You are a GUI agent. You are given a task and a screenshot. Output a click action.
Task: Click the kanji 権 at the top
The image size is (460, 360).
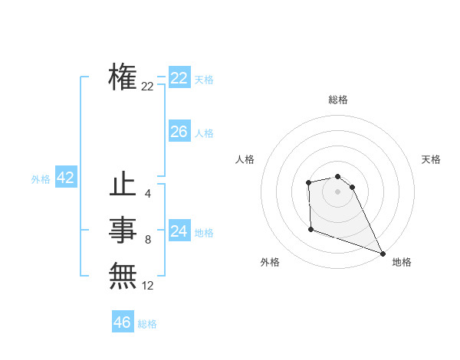[x=123, y=77]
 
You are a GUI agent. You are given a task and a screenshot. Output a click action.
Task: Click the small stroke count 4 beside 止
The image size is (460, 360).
[x=148, y=194]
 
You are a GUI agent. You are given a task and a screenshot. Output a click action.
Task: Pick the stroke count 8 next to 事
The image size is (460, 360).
[x=148, y=240]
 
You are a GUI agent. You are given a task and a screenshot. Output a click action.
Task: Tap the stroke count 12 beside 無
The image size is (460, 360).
[x=148, y=286]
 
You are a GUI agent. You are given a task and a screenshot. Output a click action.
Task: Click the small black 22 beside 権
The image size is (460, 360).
[x=147, y=87]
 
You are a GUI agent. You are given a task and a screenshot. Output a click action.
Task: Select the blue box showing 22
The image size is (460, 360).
[x=179, y=78]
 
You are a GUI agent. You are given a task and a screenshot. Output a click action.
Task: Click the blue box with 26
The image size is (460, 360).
[x=179, y=132]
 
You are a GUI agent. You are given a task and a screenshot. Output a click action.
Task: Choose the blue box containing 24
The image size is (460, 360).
[x=179, y=231]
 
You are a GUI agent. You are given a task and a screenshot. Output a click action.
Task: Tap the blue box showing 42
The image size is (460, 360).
[x=65, y=178]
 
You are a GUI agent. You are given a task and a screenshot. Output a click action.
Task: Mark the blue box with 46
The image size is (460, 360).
[x=122, y=322]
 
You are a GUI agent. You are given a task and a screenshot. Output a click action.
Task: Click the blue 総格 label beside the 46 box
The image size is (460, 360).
[x=147, y=324]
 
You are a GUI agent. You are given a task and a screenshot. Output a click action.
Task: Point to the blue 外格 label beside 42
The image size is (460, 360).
[x=41, y=179]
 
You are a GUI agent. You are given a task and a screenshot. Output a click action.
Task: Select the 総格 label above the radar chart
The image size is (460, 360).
[x=337, y=100]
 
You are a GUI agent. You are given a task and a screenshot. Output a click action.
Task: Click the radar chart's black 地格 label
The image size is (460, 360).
[x=402, y=262]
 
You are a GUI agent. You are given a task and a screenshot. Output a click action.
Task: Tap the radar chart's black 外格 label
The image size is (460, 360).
[x=270, y=262]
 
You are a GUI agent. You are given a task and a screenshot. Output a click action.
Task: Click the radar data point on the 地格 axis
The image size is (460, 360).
[x=383, y=253]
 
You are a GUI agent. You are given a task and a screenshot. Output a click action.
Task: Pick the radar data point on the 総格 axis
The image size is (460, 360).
[x=337, y=177]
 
